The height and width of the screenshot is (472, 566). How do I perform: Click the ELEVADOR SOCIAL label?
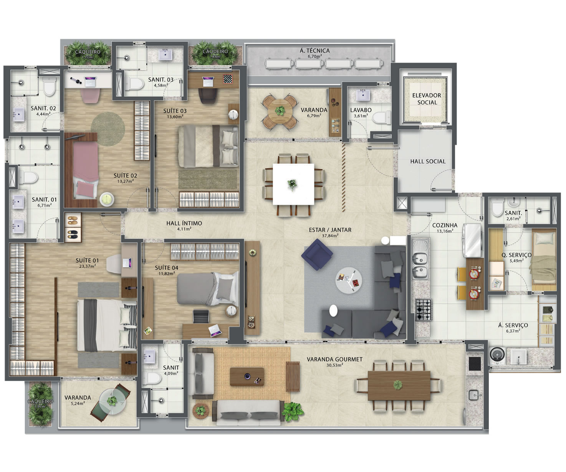tap(427, 99)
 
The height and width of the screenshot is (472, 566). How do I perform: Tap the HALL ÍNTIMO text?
tap(184, 223)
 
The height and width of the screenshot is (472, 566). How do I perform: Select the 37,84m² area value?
tap(330, 235)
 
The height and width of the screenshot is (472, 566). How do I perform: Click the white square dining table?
tap(293, 184)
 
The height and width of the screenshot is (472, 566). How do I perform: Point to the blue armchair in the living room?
tap(317, 254)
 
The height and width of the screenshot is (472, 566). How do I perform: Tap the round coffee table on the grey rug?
tap(349, 280)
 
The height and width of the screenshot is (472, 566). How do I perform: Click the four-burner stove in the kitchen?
tap(424, 310)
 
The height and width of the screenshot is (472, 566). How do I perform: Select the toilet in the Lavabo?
tap(382, 118)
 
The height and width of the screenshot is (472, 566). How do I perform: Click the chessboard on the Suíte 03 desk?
tap(228, 79)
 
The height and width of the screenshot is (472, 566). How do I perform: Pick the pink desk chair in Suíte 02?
tap(91, 95)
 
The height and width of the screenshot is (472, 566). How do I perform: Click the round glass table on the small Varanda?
tap(113, 401)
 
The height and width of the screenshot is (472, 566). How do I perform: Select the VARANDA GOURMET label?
tap(334, 359)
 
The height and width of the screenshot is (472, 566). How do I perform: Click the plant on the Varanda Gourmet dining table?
tap(398, 385)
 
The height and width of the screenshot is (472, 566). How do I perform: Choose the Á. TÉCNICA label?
tap(315, 51)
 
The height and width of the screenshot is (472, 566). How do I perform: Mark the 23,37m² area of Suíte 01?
tap(87, 266)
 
